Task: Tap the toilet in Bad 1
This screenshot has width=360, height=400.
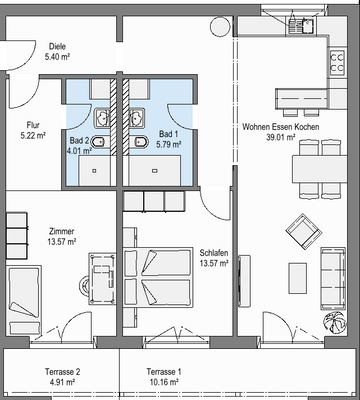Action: coord(138,146)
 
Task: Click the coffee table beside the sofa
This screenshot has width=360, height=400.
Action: coord(297,276)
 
